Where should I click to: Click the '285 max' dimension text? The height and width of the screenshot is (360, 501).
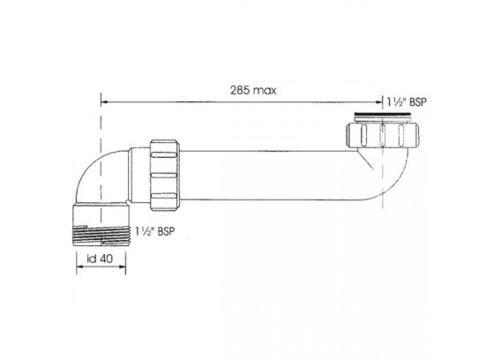[x=253, y=91]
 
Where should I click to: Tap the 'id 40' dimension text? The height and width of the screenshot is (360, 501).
[x=100, y=259]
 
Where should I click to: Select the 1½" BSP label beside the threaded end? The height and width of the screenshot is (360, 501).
[x=155, y=231]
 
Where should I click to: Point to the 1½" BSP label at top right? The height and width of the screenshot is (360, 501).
[x=407, y=102]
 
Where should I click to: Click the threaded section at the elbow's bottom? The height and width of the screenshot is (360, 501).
[x=101, y=236]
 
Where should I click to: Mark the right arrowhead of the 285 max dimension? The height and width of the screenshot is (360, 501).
[x=378, y=102]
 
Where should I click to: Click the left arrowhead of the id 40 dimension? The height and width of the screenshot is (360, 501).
[x=80, y=266]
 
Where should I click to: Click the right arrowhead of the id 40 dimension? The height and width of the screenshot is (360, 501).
[x=122, y=266]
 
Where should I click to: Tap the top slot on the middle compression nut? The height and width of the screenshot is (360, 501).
[x=163, y=155]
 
